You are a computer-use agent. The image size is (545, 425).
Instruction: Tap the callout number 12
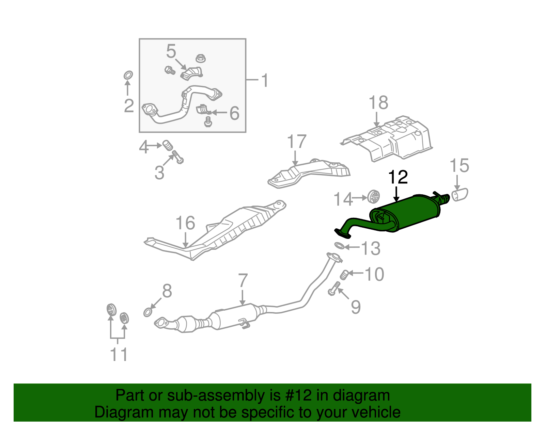coord(398,177)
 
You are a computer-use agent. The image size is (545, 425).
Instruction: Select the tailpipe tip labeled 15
coord(460,195)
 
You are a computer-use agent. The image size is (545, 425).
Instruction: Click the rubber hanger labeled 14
coord(374,197)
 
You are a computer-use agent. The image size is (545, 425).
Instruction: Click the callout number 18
coord(378,102)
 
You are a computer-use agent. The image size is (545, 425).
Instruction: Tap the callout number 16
coord(185,223)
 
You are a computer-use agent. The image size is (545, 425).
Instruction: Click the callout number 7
coord(243,280)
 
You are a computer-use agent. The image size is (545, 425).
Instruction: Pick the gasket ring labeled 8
coord(147,312)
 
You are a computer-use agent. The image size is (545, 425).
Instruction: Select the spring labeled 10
coord(345,274)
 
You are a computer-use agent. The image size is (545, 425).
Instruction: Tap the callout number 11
coord(119,355)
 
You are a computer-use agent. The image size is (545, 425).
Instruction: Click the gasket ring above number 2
coord(128,75)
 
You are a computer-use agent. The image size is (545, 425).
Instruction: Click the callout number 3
coord(159,173)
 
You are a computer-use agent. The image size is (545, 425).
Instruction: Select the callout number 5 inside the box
coord(171,51)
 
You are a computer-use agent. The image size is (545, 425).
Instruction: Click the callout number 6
coord(234,113)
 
